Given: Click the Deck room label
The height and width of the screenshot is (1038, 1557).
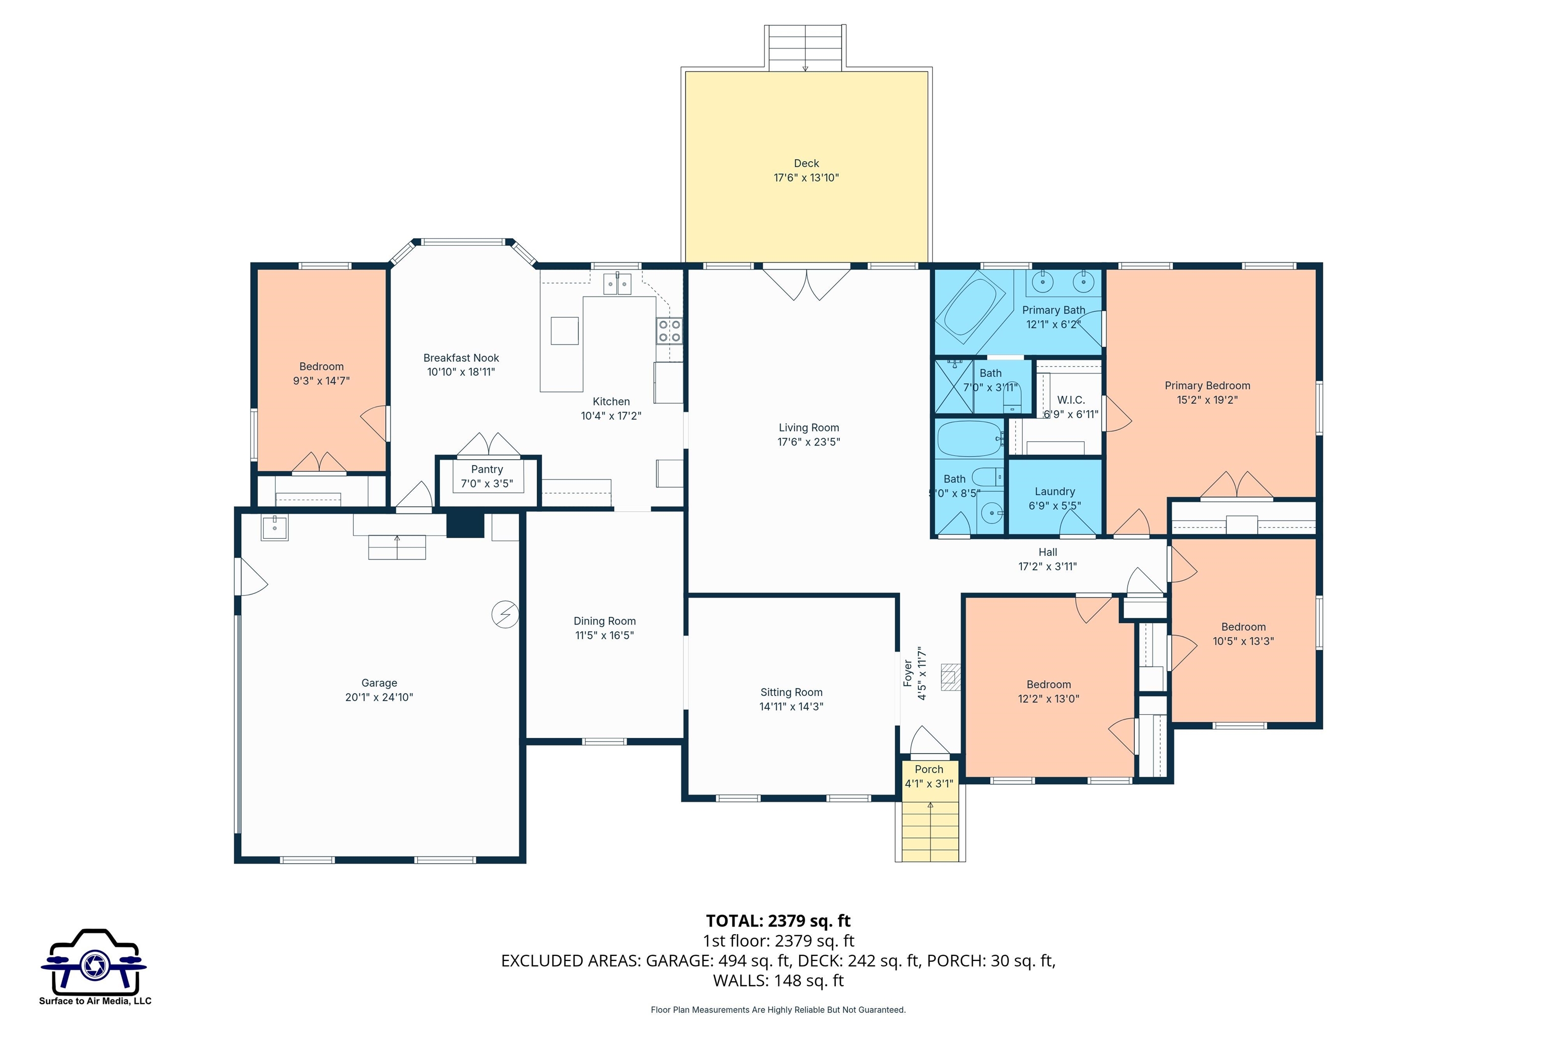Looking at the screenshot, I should coord(806,163).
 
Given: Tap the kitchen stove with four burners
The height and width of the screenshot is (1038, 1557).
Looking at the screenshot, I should coord(669,330).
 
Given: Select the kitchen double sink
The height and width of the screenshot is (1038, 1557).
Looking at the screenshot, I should coord(617,283).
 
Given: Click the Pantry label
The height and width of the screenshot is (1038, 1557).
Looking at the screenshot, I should coord(487,469).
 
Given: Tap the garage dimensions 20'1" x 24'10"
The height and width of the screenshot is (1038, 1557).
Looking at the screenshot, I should coord(379,697).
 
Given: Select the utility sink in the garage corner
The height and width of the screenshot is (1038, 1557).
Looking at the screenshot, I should coord(274,528).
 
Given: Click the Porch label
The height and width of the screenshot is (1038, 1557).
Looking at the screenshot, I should coord(928,769).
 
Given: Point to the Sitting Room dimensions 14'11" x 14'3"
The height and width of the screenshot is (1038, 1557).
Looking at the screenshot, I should coord(791,707).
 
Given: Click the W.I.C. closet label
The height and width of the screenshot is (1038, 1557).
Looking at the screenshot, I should coord(1070,400).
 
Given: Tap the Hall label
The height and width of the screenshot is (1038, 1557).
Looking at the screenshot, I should coord(1047,552).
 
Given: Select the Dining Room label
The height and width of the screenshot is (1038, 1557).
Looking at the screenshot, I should coord(604,621).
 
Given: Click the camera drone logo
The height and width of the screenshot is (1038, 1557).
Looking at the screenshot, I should coord(94,962).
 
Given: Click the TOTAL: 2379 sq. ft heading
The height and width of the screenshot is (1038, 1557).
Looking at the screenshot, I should coord(778,921).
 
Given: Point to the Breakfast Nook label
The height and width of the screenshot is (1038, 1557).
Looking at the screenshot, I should coord(461,357).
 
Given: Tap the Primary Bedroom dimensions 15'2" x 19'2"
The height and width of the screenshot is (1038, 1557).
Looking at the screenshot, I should coord(1207,400).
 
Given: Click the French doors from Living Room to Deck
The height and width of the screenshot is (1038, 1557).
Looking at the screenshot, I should coord(806,283).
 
